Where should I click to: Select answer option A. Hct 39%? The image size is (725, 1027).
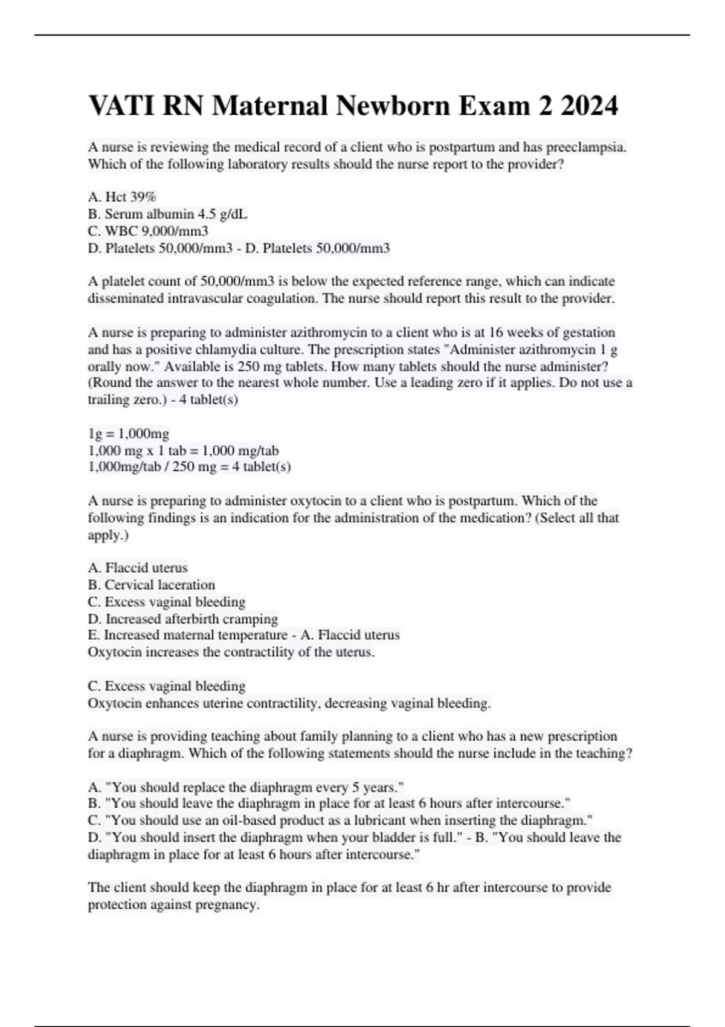(x=122, y=197)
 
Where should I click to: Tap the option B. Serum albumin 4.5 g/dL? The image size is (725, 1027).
(x=167, y=214)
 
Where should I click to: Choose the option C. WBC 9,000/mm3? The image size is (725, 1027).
(x=148, y=231)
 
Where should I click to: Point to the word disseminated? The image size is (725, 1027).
(x=126, y=298)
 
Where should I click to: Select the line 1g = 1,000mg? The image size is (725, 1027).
(x=129, y=433)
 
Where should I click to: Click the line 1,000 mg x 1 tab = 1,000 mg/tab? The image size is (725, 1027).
(x=183, y=450)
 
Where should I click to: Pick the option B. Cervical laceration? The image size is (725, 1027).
(x=151, y=585)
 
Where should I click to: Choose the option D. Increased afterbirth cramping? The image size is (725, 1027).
(x=182, y=619)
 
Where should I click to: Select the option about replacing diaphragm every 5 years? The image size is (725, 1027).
(x=245, y=787)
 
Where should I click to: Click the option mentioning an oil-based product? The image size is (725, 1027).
(x=340, y=820)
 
